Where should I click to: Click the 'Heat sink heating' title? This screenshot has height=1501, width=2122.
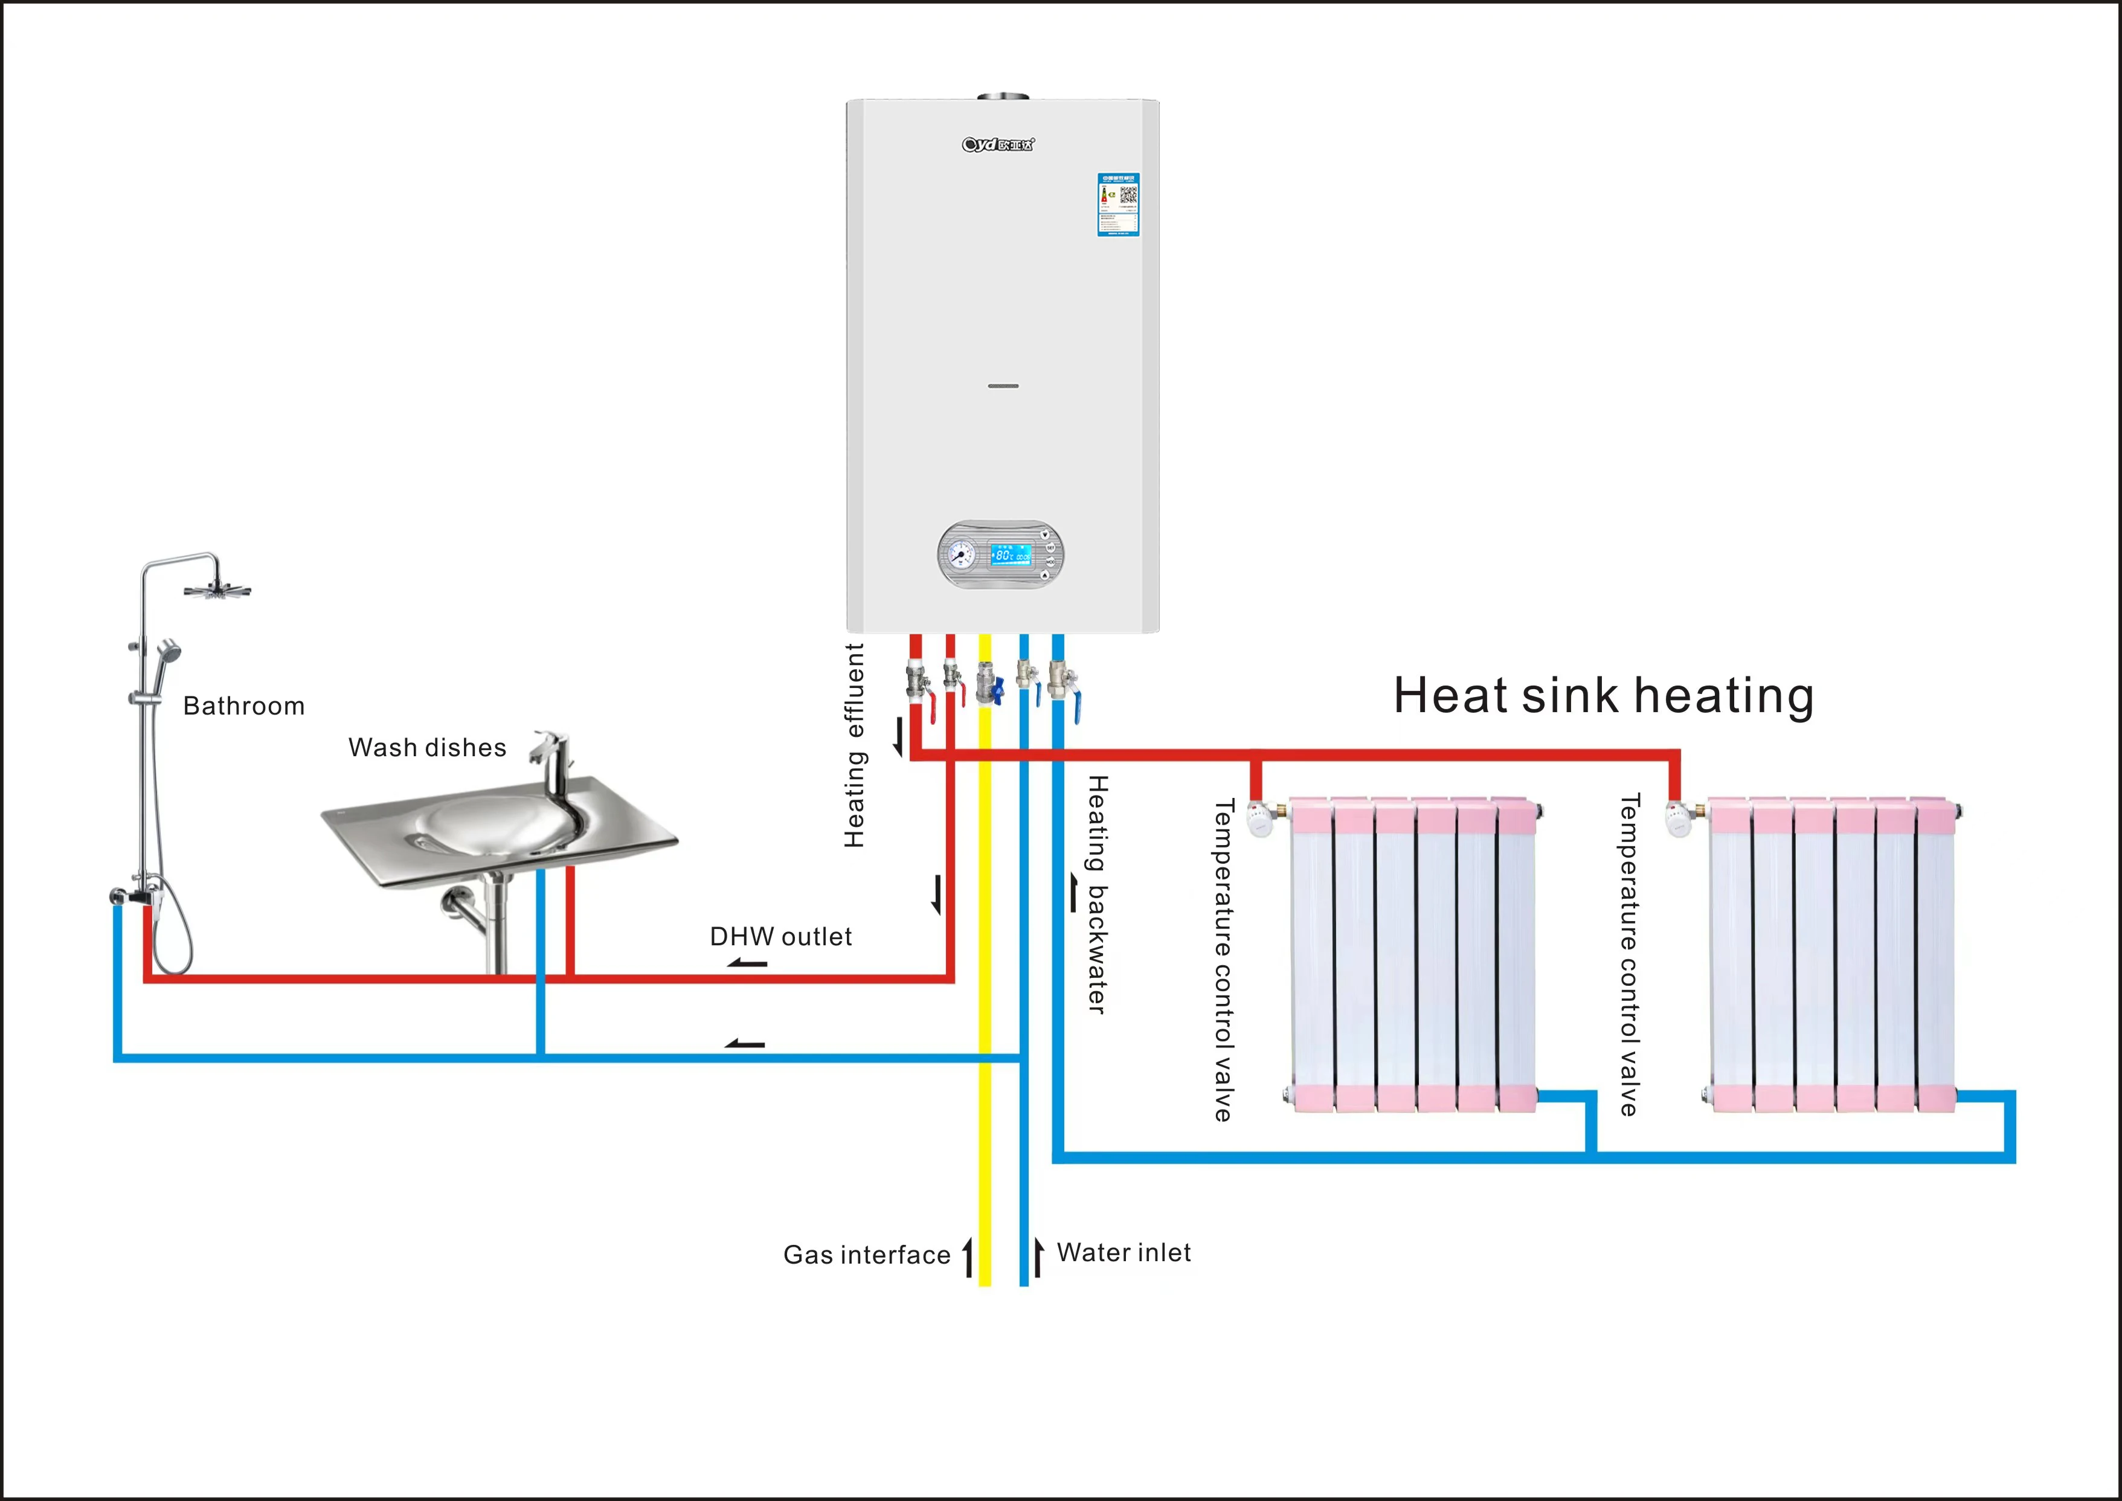pyautogui.click(x=1604, y=695)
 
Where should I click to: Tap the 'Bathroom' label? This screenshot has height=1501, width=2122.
pyautogui.click(x=243, y=706)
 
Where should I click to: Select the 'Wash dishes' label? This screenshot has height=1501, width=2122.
pyautogui.click(x=427, y=748)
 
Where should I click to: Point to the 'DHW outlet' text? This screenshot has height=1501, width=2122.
pyautogui.click(x=780, y=937)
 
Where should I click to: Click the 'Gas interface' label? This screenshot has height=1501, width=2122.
pyautogui.click(x=866, y=1255)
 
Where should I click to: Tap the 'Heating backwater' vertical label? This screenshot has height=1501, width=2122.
pyautogui.click(x=1097, y=894)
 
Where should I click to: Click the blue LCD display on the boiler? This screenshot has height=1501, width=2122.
pyautogui.click(x=1010, y=554)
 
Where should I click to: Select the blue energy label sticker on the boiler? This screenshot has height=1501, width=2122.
pyautogui.click(x=1117, y=204)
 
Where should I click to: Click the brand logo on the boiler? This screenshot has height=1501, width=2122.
pyautogui.click(x=998, y=144)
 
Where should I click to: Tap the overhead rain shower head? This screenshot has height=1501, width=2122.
pyautogui.click(x=217, y=590)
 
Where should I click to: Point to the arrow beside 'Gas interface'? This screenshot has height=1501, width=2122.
pyautogui.click(x=968, y=1257)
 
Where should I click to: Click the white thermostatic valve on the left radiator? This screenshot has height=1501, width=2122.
pyautogui.click(x=1259, y=820)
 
